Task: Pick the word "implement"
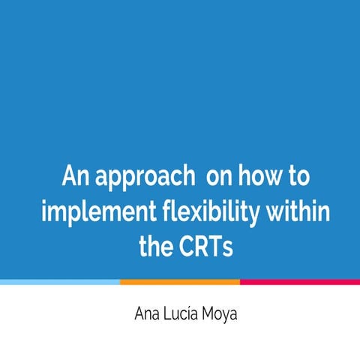[x=89, y=214]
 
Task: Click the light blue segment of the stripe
[x=60, y=282]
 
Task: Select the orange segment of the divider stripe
[x=180, y=282]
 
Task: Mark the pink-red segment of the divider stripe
[x=300, y=282]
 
